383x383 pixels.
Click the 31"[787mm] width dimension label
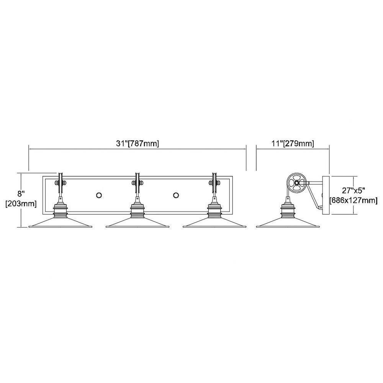[x=137, y=143]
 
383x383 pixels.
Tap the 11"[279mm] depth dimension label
[x=293, y=143]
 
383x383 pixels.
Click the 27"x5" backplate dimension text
[x=354, y=190]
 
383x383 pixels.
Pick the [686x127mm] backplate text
[x=354, y=200]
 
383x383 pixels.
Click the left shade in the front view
[x=61, y=222]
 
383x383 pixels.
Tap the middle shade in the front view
[x=137, y=222]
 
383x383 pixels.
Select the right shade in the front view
[x=214, y=222]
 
